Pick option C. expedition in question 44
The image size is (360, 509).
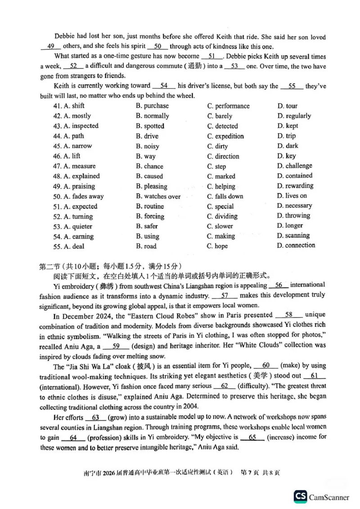coord(225,136)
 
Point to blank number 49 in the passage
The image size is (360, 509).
coord(50,46)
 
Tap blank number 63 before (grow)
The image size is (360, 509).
coord(95,417)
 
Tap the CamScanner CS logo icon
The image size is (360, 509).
coord(300,496)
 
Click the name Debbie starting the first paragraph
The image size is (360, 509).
coord(65,37)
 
